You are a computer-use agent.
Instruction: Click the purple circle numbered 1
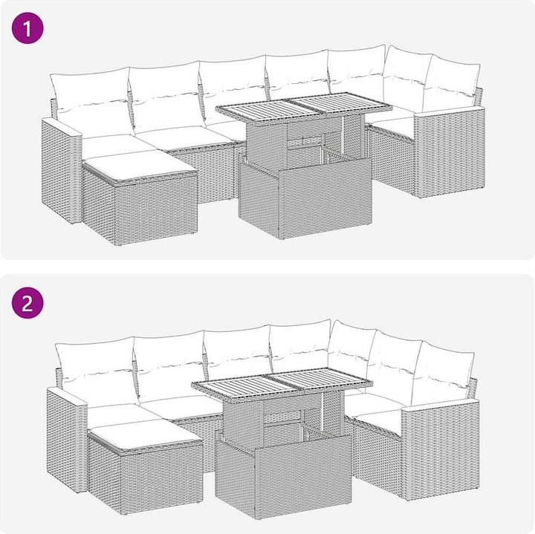(27, 27)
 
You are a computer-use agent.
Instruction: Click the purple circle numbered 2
(27, 303)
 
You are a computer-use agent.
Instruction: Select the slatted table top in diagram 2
(282, 381)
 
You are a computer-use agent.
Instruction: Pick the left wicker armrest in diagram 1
(62, 171)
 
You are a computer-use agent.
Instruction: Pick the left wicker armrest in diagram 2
(67, 440)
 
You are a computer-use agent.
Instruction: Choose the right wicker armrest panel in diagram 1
(450, 152)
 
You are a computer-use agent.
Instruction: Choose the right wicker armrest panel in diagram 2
(440, 450)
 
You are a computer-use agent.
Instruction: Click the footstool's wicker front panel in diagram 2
(162, 479)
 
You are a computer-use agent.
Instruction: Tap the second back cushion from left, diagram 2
(171, 367)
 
